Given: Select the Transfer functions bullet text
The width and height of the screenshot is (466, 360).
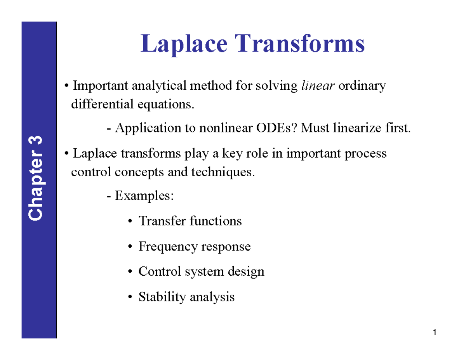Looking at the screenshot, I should pos(190,221).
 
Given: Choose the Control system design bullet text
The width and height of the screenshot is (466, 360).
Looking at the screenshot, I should pos(201,271).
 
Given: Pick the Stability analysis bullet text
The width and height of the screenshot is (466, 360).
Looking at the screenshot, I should pos(186,297).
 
